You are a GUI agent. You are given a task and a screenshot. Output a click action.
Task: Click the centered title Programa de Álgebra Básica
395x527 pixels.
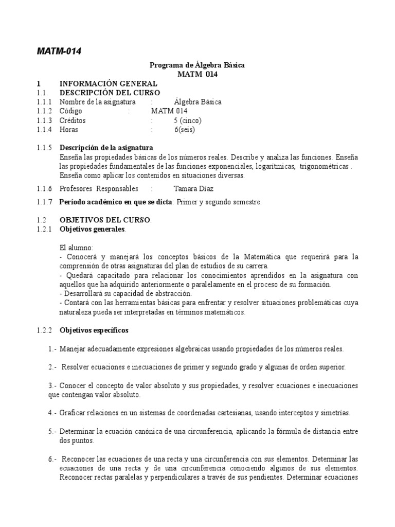click(x=197, y=65)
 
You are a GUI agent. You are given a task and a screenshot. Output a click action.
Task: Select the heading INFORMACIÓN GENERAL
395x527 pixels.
click(x=109, y=84)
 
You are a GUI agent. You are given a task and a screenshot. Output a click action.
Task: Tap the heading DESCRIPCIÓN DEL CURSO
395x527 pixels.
click(x=110, y=93)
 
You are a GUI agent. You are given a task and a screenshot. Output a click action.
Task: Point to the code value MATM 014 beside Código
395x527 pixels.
click(x=169, y=111)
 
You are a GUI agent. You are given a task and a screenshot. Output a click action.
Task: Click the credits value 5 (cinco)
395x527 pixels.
click(x=188, y=120)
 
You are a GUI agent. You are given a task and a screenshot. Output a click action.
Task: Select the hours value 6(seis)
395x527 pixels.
click(x=185, y=130)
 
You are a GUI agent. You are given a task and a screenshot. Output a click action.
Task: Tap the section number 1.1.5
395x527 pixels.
click(x=44, y=148)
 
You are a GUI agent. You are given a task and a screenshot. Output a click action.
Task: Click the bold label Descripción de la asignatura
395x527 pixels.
click(x=106, y=148)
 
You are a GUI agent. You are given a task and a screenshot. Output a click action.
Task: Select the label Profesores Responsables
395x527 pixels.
click(x=99, y=188)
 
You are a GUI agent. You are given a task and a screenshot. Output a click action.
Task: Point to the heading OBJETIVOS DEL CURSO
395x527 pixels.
click(x=105, y=220)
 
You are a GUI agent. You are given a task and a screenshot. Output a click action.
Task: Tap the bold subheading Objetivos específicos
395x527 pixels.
click(x=94, y=329)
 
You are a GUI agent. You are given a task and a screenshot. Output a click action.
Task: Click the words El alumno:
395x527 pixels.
click(x=76, y=248)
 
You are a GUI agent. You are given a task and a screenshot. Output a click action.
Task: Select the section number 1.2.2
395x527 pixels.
click(x=44, y=329)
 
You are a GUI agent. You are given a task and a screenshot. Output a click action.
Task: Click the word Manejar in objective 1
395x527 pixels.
click(x=71, y=348)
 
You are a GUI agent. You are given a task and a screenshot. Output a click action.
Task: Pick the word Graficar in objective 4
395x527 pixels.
click(x=73, y=412)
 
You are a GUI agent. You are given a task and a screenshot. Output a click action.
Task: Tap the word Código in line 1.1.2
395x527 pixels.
click(x=70, y=111)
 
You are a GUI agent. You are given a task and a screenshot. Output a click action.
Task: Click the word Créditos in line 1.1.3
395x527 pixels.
click(x=73, y=120)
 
